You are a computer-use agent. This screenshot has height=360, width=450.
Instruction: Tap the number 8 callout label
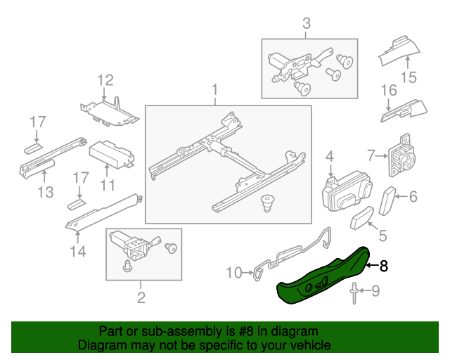tap(383, 266)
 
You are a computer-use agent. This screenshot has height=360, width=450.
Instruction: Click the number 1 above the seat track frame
tap(215, 90)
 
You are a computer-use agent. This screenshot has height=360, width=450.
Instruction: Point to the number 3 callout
tap(307, 25)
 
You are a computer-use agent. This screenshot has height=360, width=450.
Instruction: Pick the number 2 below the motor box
tap(141, 298)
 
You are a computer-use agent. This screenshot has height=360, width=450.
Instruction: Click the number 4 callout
tap(328, 156)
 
